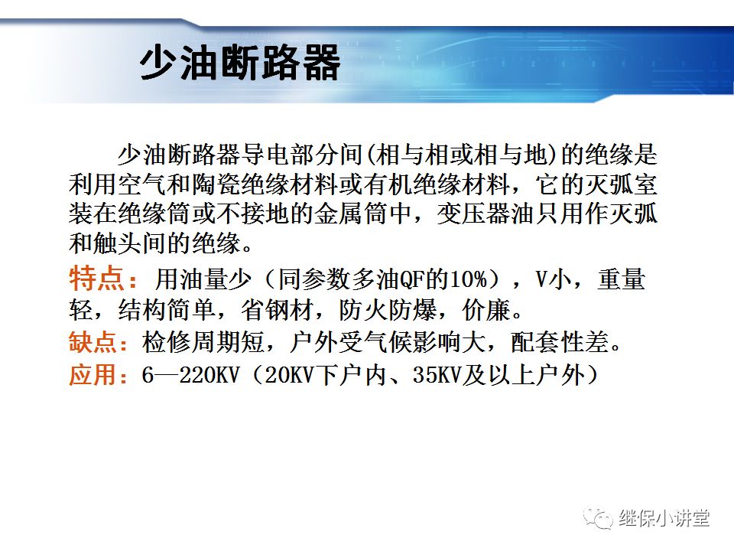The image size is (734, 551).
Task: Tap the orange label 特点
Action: [x=93, y=279]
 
